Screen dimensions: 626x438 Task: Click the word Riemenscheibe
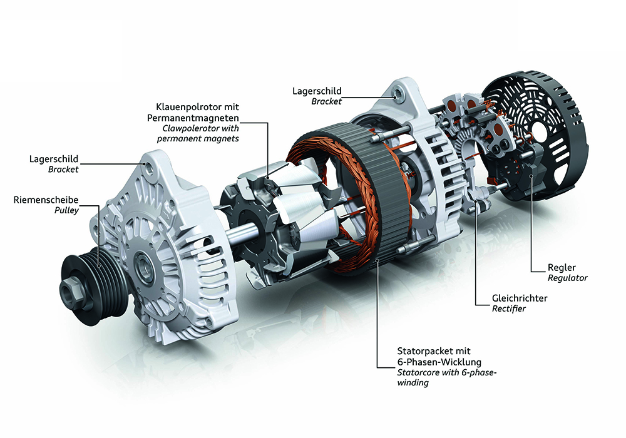(46, 200)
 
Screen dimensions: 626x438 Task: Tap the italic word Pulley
(67, 211)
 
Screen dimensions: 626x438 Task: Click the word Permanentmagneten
(193, 118)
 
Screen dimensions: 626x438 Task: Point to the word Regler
(562, 268)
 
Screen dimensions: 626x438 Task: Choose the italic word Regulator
(568, 278)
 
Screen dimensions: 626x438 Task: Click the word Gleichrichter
(520, 298)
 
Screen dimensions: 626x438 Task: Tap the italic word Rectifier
(508, 308)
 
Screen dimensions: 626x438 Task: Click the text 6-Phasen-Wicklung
(439, 362)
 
